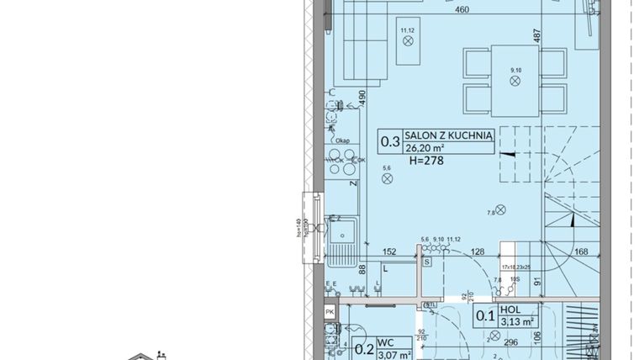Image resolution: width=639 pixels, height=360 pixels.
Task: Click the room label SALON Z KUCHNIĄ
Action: pos(447,135)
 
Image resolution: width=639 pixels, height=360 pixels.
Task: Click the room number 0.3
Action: pos(389,141)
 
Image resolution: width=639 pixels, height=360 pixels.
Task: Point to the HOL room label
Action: pos(509,309)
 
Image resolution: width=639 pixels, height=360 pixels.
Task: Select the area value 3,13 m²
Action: pos(517,320)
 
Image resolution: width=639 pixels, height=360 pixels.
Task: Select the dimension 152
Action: pos(389,251)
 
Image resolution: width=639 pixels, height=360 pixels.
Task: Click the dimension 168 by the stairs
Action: pos(581,251)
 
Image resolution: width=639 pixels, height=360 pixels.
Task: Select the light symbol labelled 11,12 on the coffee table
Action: pos(409,45)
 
